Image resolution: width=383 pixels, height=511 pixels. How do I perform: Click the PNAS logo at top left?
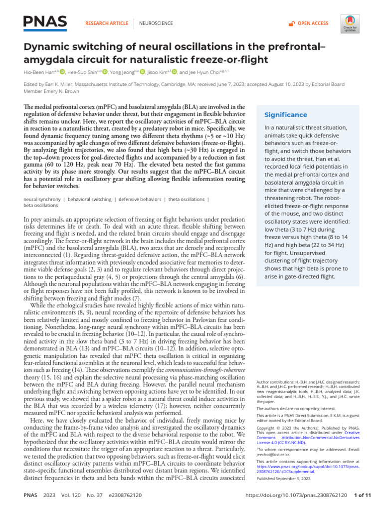click(x=45, y=22)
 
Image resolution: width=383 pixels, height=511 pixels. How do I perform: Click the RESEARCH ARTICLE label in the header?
click(x=106, y=23)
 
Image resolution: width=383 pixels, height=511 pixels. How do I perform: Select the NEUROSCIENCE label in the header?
click(x=156, y=23)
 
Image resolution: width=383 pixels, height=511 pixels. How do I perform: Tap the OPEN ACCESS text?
click(x=313, y=23)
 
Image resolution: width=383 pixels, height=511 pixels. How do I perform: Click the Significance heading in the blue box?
click(x=286, y=115)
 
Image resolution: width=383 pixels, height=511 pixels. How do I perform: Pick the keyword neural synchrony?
click(x=42, y=200)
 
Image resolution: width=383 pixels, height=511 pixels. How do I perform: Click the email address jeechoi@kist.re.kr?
click(x=273, y=456)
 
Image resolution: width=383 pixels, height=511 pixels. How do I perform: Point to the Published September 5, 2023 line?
click(x=284, y=478)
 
